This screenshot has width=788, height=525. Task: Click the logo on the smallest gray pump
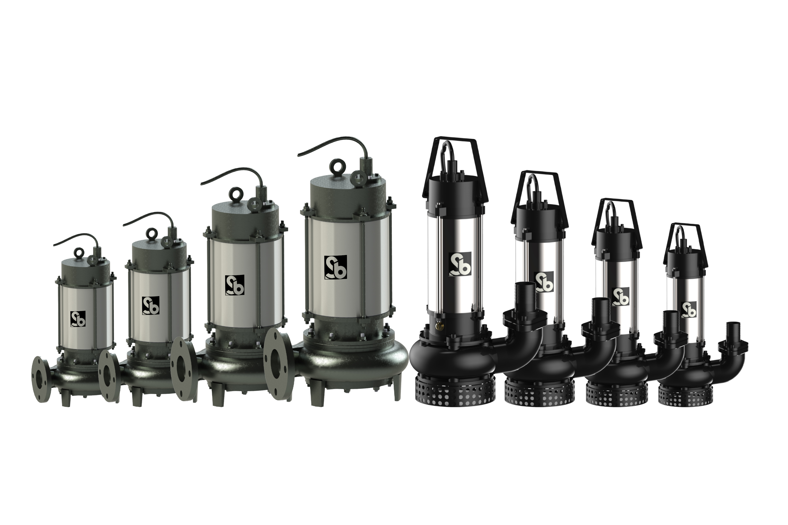[78, 318]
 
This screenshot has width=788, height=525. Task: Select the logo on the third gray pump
[234, 285]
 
